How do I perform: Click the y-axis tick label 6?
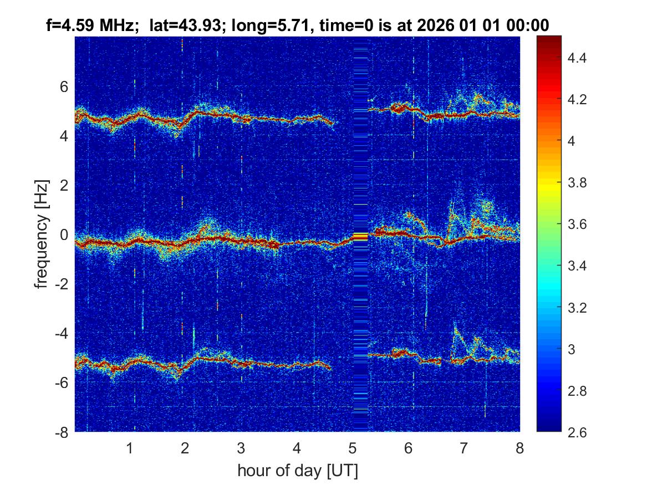coord(64,87)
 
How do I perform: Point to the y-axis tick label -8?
coord(62,433)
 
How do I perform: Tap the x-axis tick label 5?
coord(353,448)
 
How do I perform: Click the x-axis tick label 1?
coord(130,448)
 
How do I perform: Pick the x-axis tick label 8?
coord(519,448)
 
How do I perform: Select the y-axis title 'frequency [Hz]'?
coord(42,233)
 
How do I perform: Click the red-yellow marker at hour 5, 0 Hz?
coord(360,236)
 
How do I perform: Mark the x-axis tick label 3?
coord(241,448)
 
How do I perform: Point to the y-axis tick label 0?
coord(64,236)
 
